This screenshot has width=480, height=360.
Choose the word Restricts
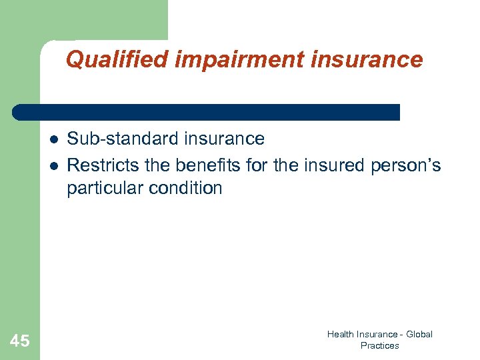coord(103,165)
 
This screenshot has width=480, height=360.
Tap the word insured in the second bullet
coord(332,165)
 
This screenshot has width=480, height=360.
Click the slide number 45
coord(20,341)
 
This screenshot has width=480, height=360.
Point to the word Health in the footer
coord(339,335)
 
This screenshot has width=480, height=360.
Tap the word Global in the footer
coord(418,335)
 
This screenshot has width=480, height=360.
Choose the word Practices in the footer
coord(379,345)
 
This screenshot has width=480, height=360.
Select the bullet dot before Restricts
coord(53,165)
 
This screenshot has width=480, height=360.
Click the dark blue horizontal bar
coord(207,112)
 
